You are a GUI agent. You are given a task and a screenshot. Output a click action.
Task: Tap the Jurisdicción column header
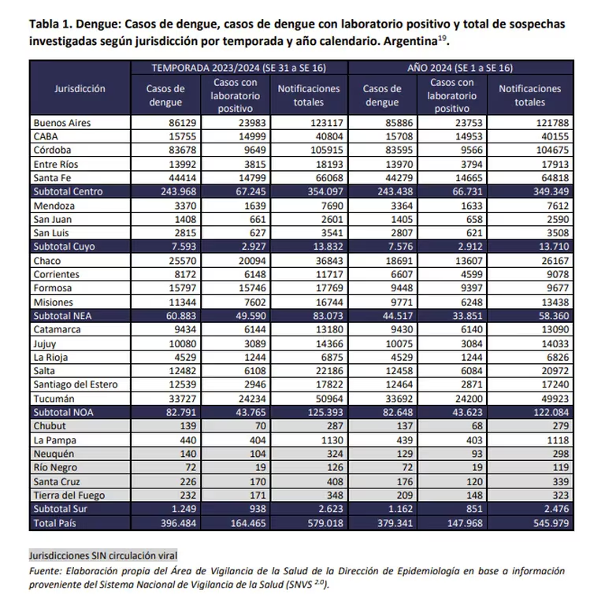coord(80,89)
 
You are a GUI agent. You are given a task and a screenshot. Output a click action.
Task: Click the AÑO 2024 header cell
coord(460,68)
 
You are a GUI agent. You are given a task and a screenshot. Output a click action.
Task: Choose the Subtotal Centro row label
coord(69,191)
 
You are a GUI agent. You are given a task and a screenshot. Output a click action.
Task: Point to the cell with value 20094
coord(241,260)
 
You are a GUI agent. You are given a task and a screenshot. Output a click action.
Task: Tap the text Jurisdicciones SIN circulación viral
coord(103,556)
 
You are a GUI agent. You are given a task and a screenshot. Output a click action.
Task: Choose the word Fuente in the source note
coord(46,570)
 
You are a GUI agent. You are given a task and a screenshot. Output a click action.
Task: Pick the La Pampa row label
coord(56,440)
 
